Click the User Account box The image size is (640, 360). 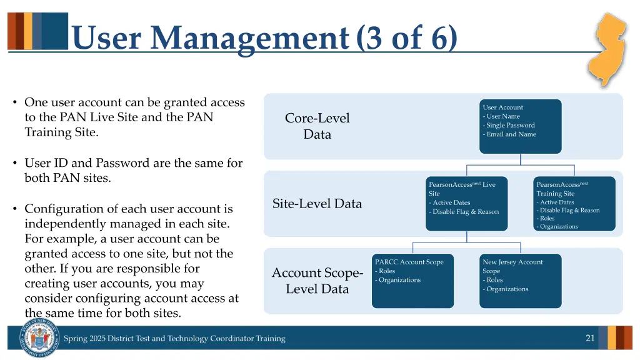pyautogui.click(x=520, y=126)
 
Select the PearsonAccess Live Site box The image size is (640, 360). pyautogui.click(x=466, y=204)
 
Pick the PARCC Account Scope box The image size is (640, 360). pyautogui.click(x=412, y=281)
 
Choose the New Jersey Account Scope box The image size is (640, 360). pyautogui.click(x=520, y=281)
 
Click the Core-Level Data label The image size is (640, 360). pyautogui.click(x=317, y=126)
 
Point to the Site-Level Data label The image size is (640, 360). pyautogui.click(x=317, y=204)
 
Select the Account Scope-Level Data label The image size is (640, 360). pyautogui.click(x=317, y=281)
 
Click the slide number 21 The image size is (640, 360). pyautogui.click(x=589, y=338)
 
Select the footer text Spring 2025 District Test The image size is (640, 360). pyautogui.click(x=174, y=339)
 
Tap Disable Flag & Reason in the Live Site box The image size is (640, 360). pyautogui.click(x=465, y=212)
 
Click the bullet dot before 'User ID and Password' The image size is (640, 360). pyautogui.click(x=14, y=163)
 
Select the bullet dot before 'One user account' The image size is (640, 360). pyautogui.click(x=14, y=102)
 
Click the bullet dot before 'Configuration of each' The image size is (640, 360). pyautogui.click(x=14, y=209)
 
